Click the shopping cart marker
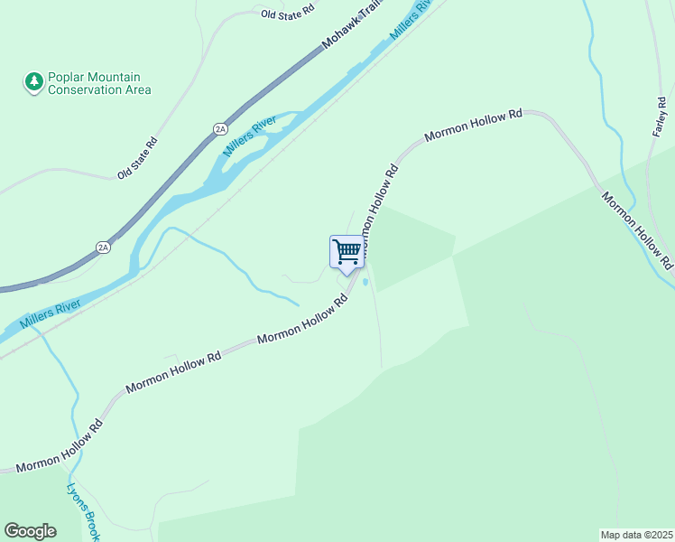click(x=347, y=252)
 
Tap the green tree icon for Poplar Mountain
click(x=34, y=82)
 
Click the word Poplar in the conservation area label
click(x=69, y=77)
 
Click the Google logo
click(x=30, y=531)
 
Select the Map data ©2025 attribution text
click(x=636, y=535)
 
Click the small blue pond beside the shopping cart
click(x=365, y=283)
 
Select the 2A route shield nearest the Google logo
click(x=103, y=247)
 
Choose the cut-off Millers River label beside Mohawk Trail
click(x=411, y=20)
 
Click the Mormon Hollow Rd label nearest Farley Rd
click(x=636, y=230)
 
